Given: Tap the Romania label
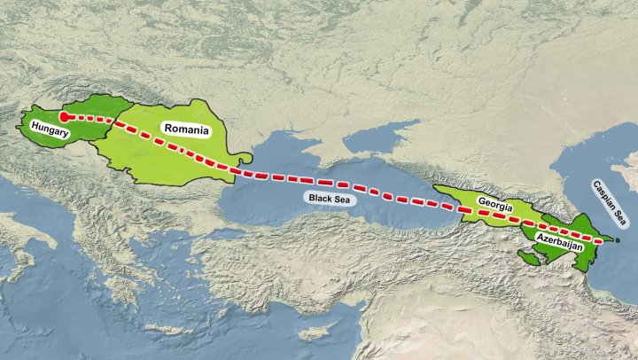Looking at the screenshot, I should coord(184,129).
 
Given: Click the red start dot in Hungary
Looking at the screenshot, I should coord(64,116).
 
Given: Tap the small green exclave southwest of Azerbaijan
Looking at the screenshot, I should coord(530,257).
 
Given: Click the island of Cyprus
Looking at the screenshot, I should coord(312,334).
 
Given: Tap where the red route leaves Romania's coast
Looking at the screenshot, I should coord(239,171).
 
